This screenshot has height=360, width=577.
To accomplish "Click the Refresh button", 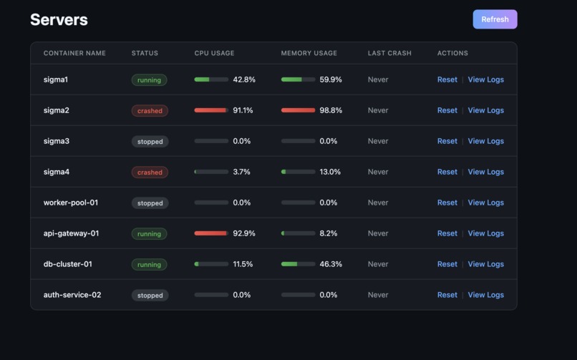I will pos(495,19).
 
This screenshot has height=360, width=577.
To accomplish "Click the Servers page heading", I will pos(59,20).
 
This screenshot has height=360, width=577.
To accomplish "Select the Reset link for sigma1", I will pos(447,79).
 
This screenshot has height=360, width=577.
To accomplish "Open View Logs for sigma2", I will pos(485,110).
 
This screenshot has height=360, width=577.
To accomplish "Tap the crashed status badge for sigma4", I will pos(150,172).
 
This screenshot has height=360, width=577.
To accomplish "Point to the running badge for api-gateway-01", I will pos(149,234).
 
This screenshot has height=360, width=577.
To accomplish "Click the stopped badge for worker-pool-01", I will pos(150,203).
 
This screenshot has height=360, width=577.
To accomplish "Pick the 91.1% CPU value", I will pos(243,110).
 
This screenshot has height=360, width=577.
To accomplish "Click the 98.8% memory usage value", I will pos(330,110).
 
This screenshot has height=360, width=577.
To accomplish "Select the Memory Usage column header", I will pos(309,53).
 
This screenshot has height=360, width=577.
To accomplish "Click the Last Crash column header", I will pos(389,53).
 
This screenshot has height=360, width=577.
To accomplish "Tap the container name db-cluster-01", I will pos(67,264).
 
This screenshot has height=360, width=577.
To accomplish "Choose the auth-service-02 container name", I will pos(72,295).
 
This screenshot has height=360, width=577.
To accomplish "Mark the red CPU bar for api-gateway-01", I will pos(211,233).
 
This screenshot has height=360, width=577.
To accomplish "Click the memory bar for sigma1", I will pos(298,79).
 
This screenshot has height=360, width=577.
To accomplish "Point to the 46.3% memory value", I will pos(330,264).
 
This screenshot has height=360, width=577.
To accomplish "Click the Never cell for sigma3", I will pos(378,141).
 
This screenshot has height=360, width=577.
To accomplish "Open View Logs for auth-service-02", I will pos(485,295).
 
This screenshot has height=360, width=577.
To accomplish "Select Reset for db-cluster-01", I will pos(447,264).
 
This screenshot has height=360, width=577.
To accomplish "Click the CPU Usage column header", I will pos(214,53).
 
